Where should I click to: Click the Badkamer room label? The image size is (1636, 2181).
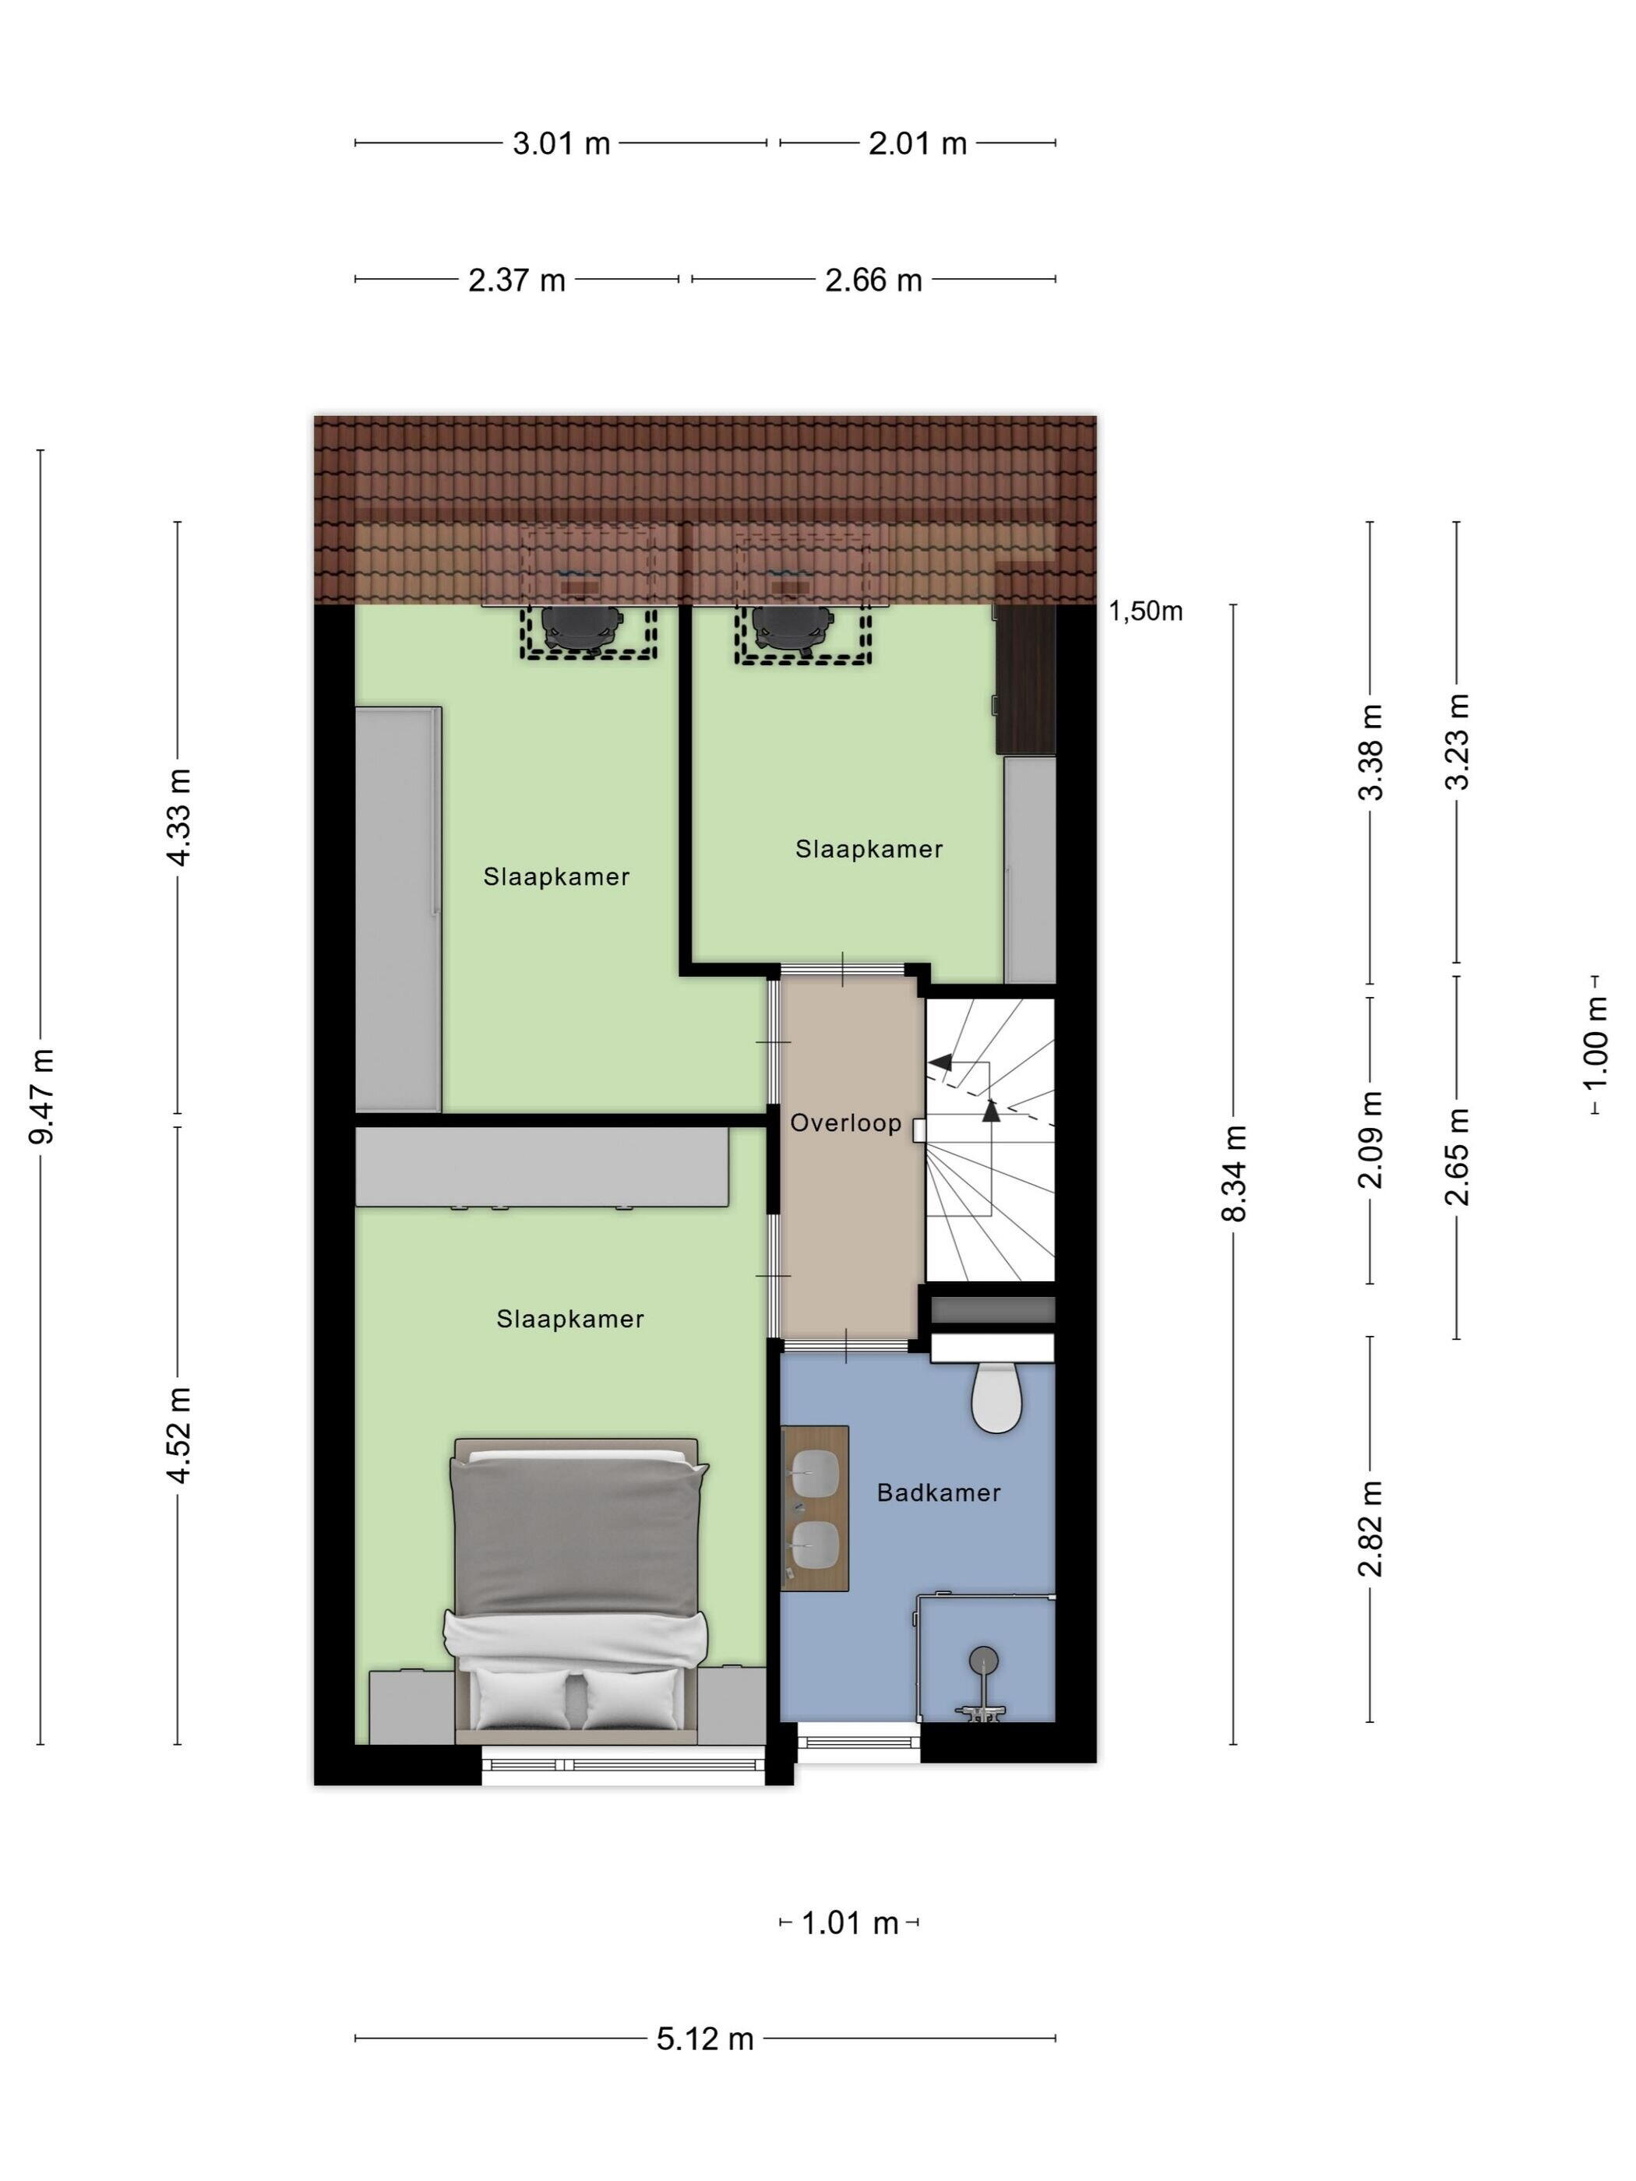click(938, 1492)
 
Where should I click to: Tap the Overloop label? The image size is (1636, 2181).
click(845, 1123)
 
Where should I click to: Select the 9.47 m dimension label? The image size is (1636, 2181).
click(41, 1097)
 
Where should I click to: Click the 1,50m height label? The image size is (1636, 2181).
click(1145, 611)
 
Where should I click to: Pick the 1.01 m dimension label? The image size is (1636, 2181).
click(849, 1922)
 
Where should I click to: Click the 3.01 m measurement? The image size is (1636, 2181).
click(561, 144)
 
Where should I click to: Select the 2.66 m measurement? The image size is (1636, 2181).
click(874, 280)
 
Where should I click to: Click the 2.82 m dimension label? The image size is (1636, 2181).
click(1370, 1528)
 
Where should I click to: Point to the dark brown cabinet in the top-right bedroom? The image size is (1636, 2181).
click(1024, 680)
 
